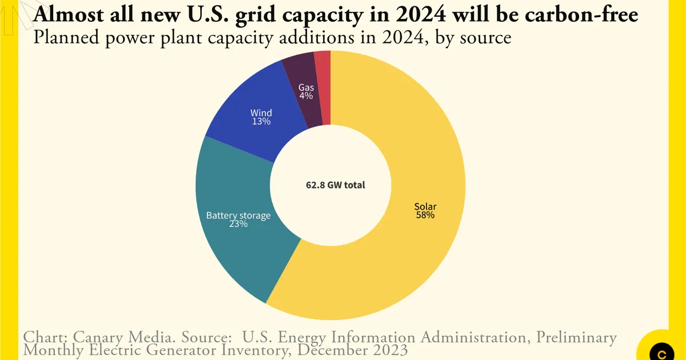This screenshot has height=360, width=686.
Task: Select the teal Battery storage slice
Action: coord(240,251)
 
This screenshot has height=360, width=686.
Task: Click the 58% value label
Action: coord(425,215)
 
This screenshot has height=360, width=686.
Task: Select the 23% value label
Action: coord(238,225)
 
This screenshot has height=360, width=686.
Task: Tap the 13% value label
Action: coord(261,122)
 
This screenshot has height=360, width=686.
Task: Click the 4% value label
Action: coord(306,96)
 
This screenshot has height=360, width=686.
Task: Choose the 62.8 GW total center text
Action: coord(330,185)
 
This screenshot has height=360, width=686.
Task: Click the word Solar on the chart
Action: coord(425,206)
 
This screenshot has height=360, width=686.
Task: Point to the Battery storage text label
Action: coord(238,215)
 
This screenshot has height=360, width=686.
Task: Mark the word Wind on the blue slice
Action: coord(261,113)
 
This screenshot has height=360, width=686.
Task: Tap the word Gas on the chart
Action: coord(306,87)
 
